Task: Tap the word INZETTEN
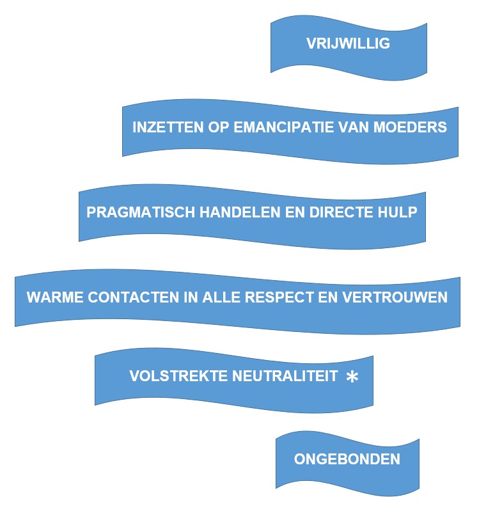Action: (x=162, y=127)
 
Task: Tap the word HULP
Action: (x=398, y=212)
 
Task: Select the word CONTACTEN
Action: (x=123, y=298)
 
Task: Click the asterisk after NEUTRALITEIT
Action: (x=352, y=377)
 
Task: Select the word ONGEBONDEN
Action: (x=347, y=459)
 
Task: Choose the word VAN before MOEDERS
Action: (x=359, y=127)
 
